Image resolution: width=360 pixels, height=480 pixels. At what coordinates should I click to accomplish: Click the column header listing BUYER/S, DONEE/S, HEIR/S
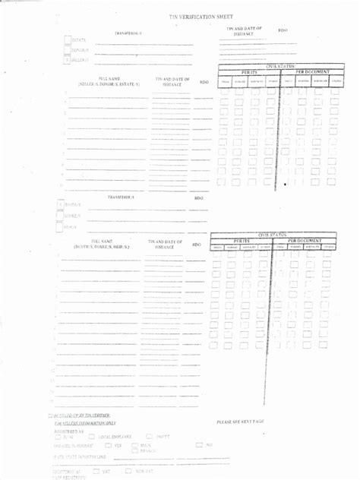pyautogui.click(x=103, y=245)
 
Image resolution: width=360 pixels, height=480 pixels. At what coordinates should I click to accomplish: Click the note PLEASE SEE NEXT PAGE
pyautogui.click(x=240, y=422)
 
